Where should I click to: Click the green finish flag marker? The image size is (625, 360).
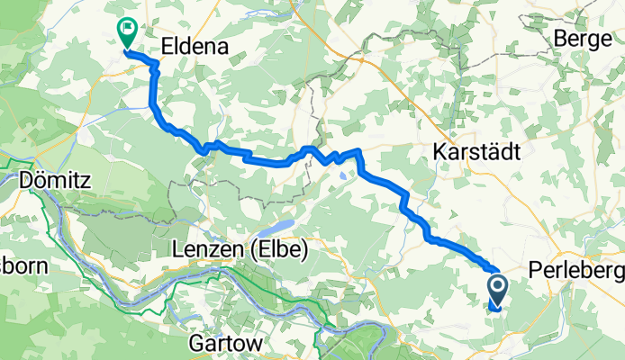pyautogui.click(x=127, y=33)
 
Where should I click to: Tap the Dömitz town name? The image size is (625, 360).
pyautogui.click(x=53, y=180)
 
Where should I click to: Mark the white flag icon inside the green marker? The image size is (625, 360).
pyautogui.click(x=127, y=28)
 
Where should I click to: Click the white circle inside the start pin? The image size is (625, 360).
pyautogui.click(x=497, y=287)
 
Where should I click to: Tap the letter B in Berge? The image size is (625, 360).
pyautogui.click(x=561, y=38)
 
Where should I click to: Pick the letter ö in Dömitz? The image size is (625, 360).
pyautogui.click(x=40, y=180)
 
